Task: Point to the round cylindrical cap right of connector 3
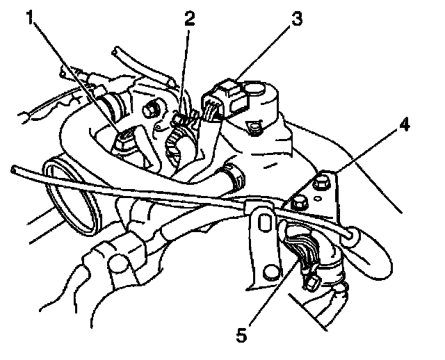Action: pyautogui.click(x=263, y=90)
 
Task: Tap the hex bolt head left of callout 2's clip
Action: pyautogui.click(x=151, y=111)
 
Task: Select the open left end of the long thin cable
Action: pyautogui.click(x=15, y=169)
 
